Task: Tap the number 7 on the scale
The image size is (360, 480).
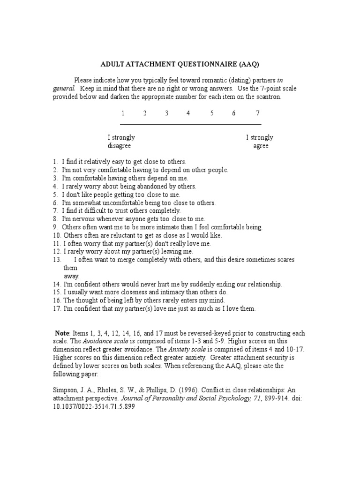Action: (x=257, y=113)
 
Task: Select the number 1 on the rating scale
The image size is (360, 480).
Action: (x=123, y=113)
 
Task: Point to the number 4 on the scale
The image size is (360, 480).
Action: (x=188, y=113)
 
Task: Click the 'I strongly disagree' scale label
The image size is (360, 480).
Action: (x=121, y=142)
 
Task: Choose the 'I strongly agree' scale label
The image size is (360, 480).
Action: (x=260, y=142)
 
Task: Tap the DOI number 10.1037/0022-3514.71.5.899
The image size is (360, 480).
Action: (x=94, y=406)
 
